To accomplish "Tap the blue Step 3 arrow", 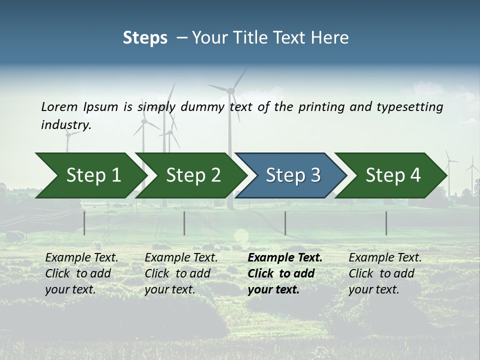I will point(292,175).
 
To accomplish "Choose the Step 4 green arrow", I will point(392,175).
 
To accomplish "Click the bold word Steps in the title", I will point(145,38).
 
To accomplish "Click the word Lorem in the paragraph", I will point(59,106).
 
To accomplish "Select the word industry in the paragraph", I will point(65,125).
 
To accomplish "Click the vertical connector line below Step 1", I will point(84,223).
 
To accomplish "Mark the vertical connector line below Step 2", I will point(184,223).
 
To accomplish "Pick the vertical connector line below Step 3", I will point(285,223).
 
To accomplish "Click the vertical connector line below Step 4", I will point(386,223).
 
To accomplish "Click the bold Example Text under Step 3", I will point(285,258).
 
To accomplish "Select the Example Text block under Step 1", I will point(81,273).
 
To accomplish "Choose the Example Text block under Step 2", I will point(181,273).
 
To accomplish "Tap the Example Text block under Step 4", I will point(385,273).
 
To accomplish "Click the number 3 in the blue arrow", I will point(314,175).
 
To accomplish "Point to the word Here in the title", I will point(330,38).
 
